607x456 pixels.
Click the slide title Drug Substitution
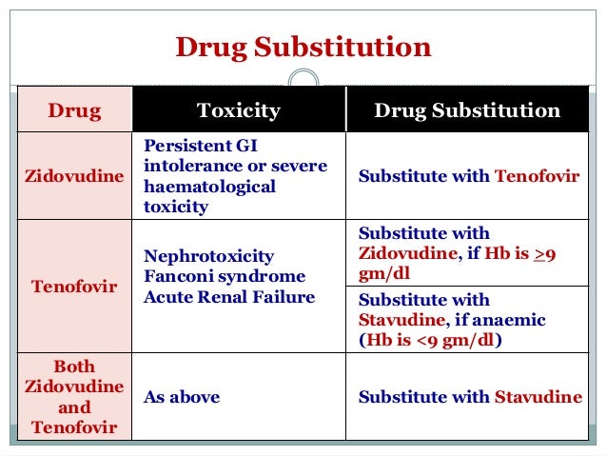coord(303,48)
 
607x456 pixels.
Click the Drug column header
coord(74,110)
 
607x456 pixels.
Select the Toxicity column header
coord(238,110)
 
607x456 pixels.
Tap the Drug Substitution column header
coord(466,110)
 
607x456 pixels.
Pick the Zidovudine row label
coord(74,177)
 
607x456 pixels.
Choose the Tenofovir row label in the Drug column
coord(74,287)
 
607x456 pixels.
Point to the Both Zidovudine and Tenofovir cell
coord(74,397)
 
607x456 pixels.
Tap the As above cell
coord(182,397)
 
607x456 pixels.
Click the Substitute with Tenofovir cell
coord(468,177)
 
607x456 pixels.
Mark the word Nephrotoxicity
coord(208,256)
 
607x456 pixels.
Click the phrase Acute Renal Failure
coord(228,297)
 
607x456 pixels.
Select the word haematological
coord(208,187)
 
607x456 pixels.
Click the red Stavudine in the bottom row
coord(538,397)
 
